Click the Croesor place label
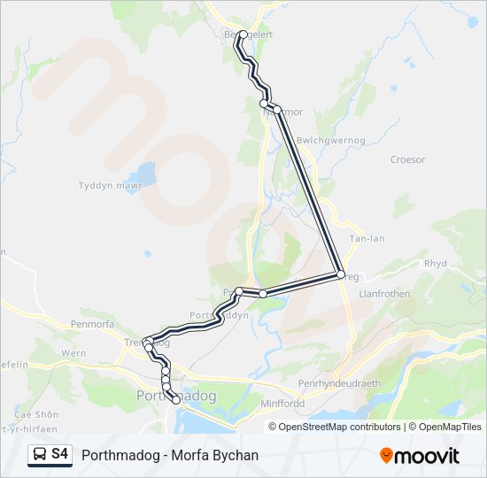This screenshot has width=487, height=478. (407, 160)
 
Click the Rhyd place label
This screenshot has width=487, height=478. (436, 263)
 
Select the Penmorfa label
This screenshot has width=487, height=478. (88, 325)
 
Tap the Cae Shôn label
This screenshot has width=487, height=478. (36, 414)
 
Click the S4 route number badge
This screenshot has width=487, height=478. (59, 454)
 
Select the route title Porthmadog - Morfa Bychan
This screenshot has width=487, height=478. (170, 455)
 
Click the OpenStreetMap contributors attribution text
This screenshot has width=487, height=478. (339, 427)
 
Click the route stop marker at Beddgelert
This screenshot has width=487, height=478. (243, 35)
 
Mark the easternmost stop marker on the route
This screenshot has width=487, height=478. (340, 275)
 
